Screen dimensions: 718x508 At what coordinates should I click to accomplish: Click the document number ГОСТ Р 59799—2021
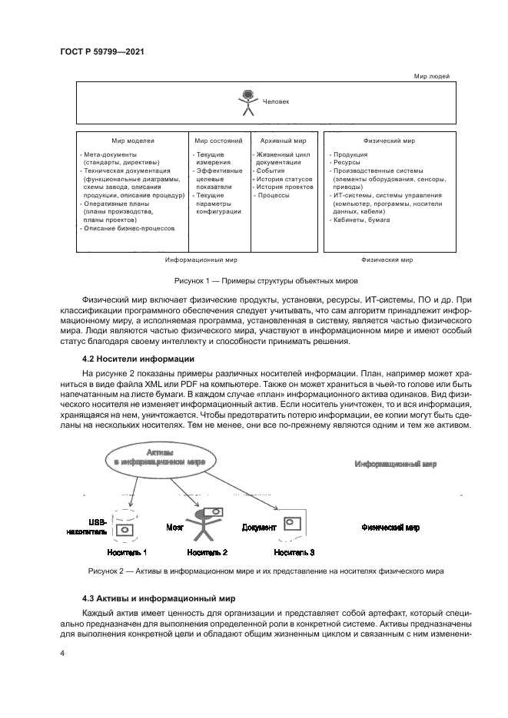click(102, 51)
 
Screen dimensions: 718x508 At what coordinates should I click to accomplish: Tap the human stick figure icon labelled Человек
click(247, 103)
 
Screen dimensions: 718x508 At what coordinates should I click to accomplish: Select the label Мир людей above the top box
click(431, 76)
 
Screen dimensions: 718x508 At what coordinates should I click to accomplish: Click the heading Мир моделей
click(133, 141)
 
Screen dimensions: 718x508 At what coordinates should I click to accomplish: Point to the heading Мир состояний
click(218, 141)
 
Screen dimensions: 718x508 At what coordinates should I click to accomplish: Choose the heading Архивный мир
click(284, 141)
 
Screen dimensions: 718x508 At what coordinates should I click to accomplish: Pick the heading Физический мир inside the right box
click(388, 141)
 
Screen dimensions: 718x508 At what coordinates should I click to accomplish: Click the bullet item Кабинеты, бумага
click(361, 220)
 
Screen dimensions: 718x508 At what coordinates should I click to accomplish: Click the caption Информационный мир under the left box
click(201, 260)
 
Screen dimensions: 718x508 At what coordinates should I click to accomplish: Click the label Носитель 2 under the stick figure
click(207, 552)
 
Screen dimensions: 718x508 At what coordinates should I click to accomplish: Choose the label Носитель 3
click(294, 552)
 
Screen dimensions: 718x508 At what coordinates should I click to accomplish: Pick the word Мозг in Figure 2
click(174, 528)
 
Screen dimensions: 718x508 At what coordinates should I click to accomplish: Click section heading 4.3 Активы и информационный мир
click(158, 598)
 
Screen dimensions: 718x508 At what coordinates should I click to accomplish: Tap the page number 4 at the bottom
click(62, 653)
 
